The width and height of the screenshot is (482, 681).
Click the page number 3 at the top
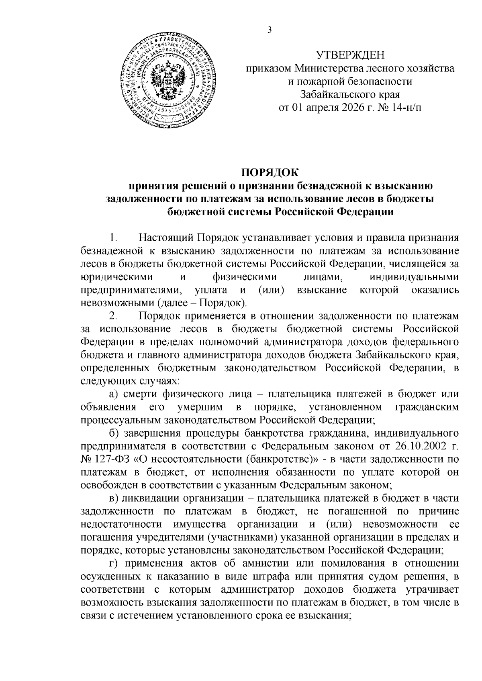pos(270,30)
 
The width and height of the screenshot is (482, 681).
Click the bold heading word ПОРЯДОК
pos(270,173)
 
